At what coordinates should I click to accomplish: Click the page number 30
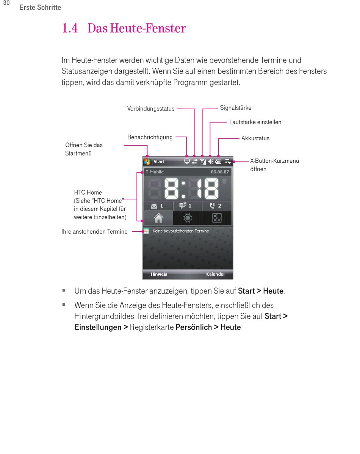pyautogui.click(x=6, y=3)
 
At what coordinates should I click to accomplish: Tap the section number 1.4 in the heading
pyautogui.click(x=70, y=28)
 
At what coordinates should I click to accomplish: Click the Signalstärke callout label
pyautogui.click(x=235, y=108)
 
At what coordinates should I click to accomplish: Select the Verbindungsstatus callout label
pyautogui.click(x=151, y=109)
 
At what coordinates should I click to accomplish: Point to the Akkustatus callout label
pyautogui.click(x=255, y=138)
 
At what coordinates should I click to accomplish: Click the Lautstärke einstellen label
pyautogui.click(x=255, y=122)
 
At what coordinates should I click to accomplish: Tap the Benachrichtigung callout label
pyautogui.click(x=150, y=137)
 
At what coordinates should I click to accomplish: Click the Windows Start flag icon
pyautogui.click(x=147, y=162)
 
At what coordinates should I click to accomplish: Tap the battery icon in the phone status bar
pyautogui.click(x=219, y=162)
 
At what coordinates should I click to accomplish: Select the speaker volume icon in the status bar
pyautogui.click(x=211, y=162)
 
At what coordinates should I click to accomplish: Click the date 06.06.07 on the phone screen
pyautogui.click(x=220, y=172)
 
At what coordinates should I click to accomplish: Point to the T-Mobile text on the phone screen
pyautogui.click(x=155, y=172)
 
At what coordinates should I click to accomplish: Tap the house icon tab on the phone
pyautogui.click(x=158, y=218)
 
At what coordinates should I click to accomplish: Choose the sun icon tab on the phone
pyautogui.click(x=188, y=218)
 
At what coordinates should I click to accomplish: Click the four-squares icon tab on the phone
pyautogui.click(x=217, y=218)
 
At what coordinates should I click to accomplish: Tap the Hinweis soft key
pyautogui.click(x=159, y=274)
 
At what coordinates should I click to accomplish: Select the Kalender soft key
pyautogui.click(x=216, y=274)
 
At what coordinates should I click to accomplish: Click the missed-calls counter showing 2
pyautogui.click(x=216, y=206)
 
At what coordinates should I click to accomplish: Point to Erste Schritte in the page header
pyautogui.click(x=40, y=8)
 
